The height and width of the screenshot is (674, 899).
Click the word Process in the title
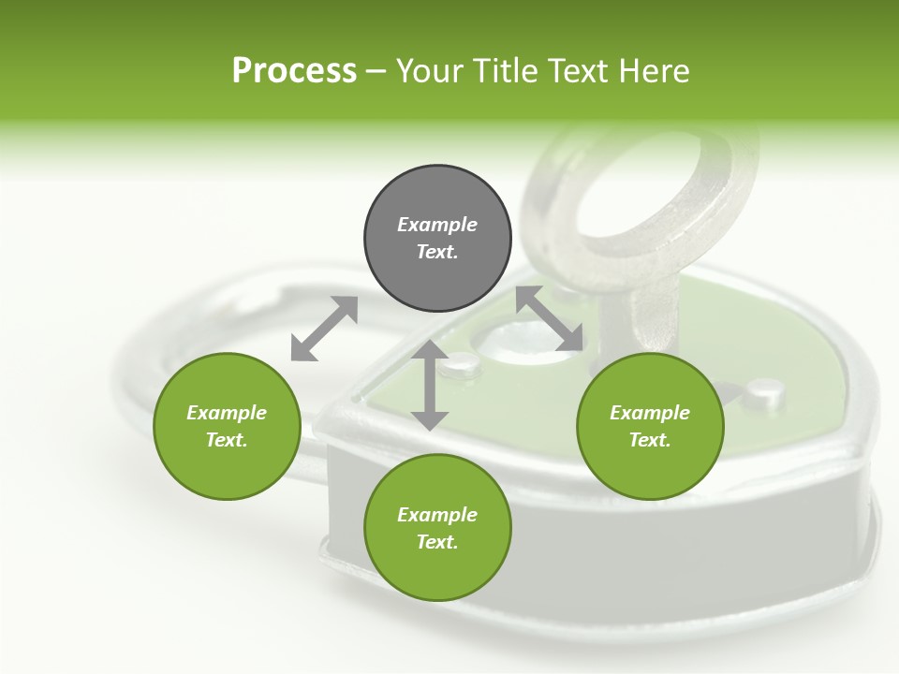pos(294,71)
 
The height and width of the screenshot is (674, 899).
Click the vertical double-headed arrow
pos(430,385)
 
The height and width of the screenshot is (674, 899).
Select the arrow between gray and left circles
pos(324,329)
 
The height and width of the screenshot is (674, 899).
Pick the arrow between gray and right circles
pos(550,319)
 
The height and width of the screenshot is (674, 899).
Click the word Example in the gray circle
pos(437,225)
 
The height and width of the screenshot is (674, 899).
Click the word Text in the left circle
pos(227,440)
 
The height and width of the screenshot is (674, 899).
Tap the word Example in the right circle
pos(650,413)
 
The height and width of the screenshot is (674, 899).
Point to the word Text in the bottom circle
pos(437,542)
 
